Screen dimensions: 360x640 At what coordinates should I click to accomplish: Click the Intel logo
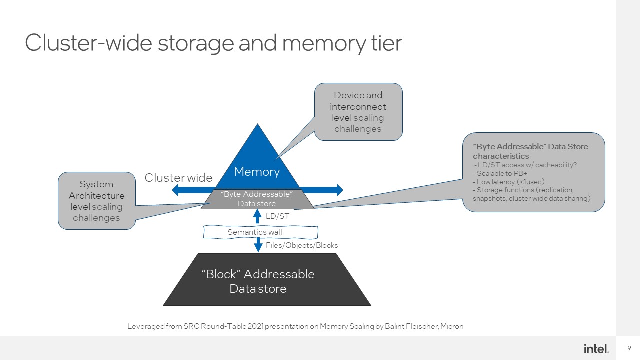point(596,348)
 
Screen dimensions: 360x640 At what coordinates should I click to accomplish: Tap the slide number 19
point(628,348)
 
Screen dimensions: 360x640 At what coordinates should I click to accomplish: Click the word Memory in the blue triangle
point(257,172)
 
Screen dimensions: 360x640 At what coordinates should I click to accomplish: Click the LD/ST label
point(278,216)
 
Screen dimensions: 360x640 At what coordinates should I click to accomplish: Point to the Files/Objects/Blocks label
point(302,245)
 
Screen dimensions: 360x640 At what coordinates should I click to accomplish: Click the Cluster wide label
point(178,178)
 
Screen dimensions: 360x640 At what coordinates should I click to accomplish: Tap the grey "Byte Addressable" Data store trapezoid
point(257,199)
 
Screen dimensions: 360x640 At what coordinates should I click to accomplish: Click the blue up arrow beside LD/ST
point(258,216)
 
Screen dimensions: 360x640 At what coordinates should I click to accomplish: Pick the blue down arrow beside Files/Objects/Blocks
point(258,245)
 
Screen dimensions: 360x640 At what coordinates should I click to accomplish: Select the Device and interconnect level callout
point(358,112)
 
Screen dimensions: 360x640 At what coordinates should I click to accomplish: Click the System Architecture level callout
point(96,201)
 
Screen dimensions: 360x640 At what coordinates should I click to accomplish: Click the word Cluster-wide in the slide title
point(88,43)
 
